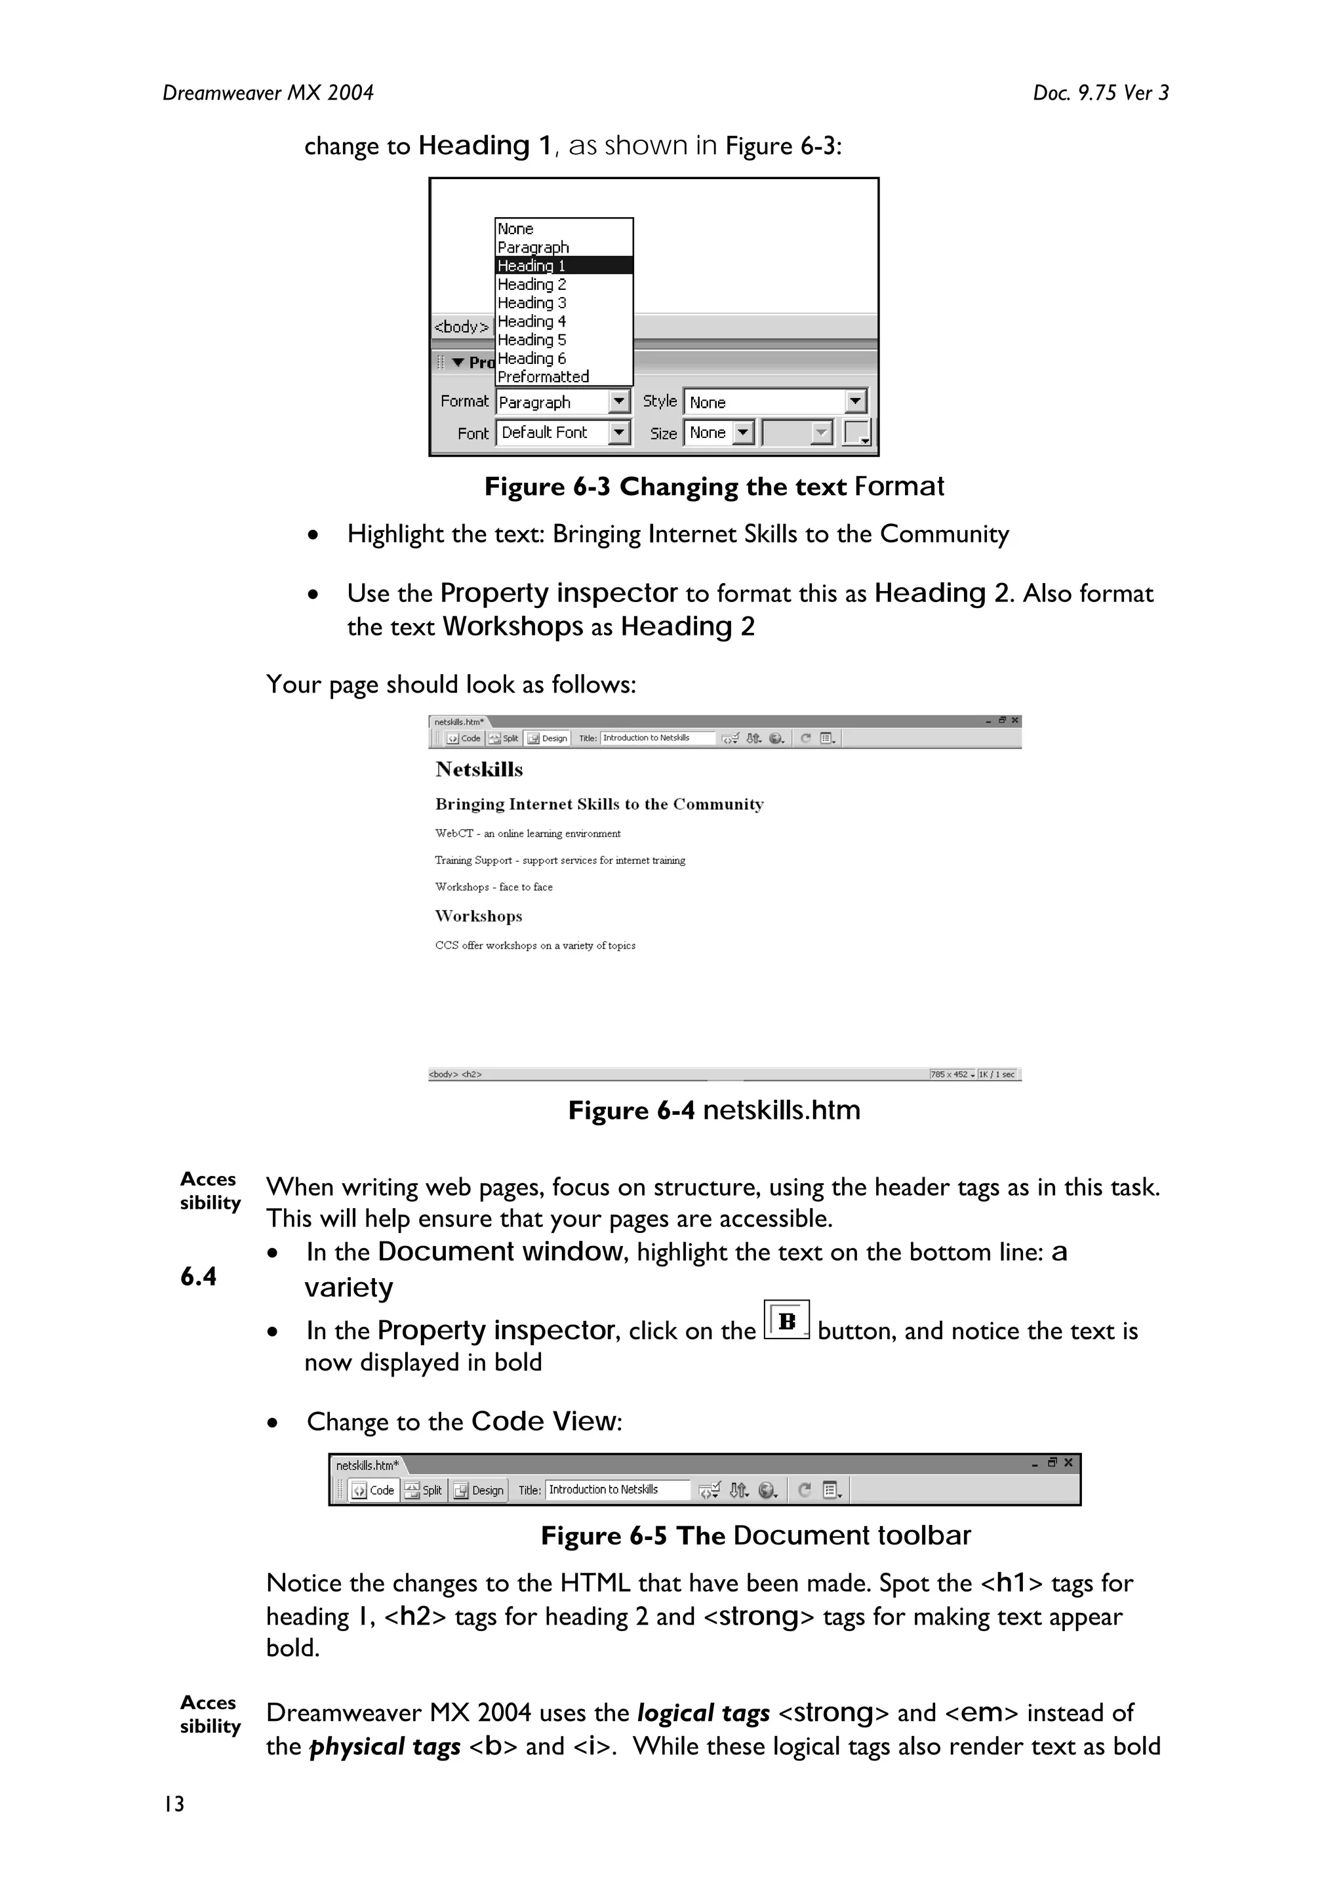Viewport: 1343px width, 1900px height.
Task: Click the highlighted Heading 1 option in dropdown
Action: (563, 266)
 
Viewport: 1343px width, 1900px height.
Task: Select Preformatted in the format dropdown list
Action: (544, 377)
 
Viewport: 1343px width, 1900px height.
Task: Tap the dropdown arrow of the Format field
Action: (619, 402)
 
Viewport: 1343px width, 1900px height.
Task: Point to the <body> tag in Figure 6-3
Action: (462, 327)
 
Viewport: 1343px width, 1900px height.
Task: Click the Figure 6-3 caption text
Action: (713, 487)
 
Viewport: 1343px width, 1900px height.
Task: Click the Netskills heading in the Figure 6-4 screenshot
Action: (479, 769)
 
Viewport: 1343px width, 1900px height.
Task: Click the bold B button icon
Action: (786, 1321)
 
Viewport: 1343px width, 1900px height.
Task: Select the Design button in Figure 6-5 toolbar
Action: (479, 1490)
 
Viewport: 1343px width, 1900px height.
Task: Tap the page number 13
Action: (174, 1804)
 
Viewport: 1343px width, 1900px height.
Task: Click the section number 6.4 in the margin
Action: (199, 1277)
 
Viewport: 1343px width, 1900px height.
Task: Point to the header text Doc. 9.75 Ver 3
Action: (1100, 92)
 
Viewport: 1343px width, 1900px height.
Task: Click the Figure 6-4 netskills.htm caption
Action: (713, 1110)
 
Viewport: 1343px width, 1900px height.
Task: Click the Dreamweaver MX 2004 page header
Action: (268, 92)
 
